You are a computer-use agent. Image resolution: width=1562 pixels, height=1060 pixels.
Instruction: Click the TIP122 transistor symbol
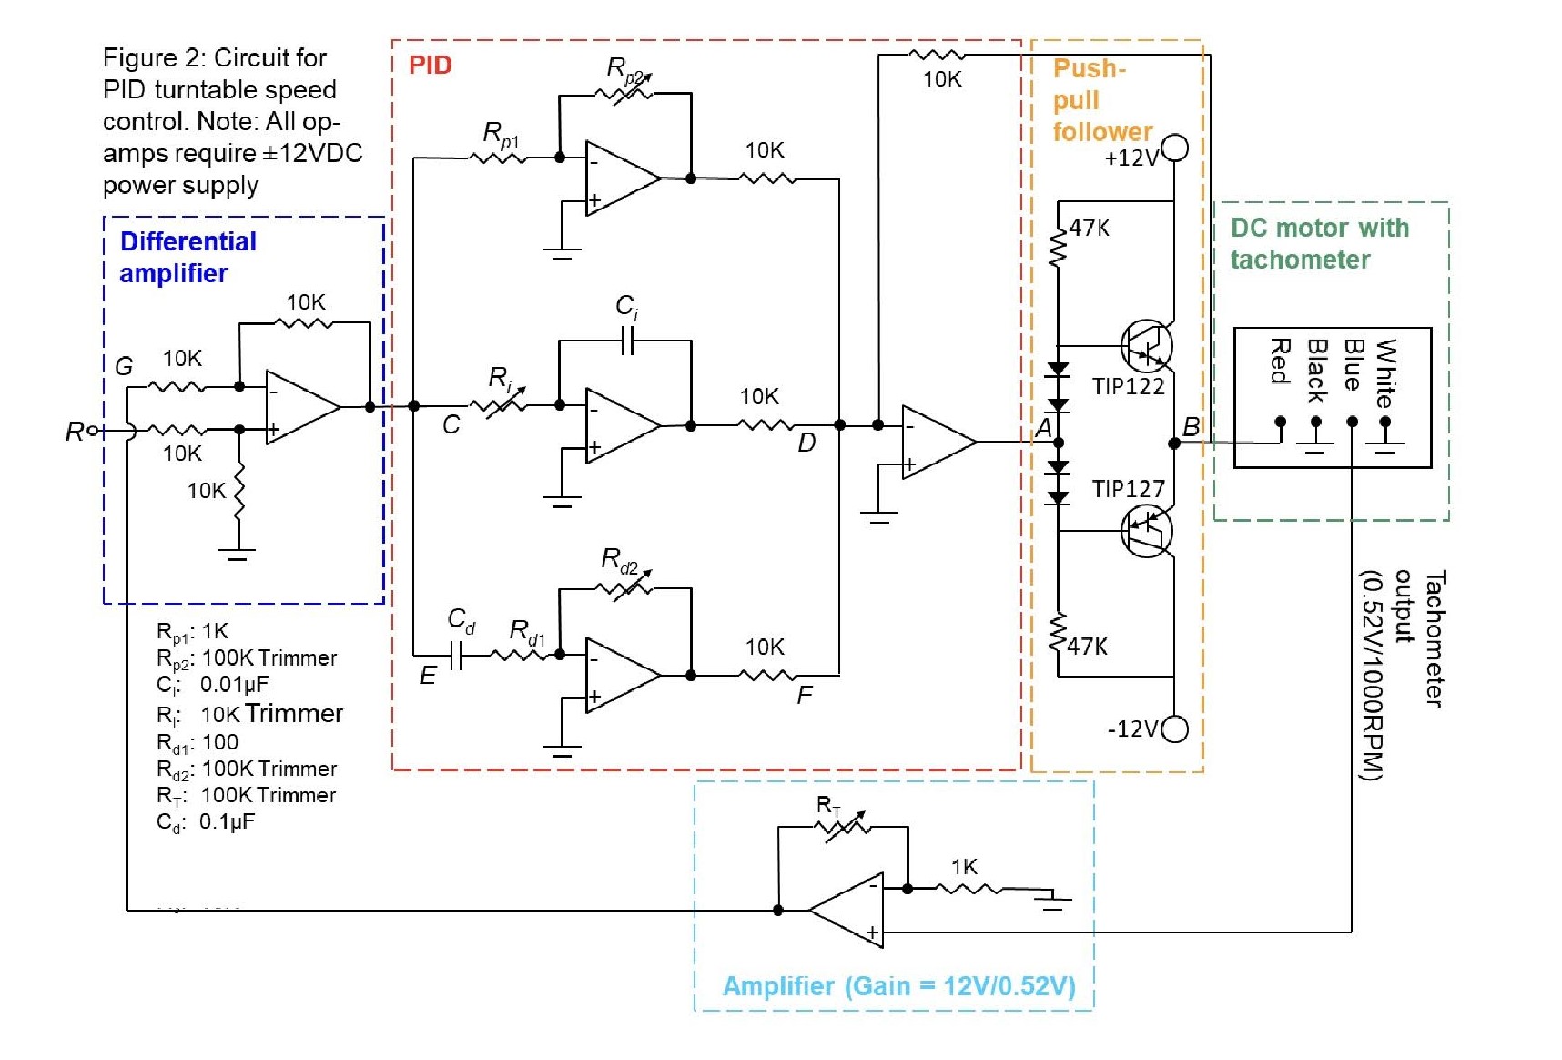click(x=1146, y=346)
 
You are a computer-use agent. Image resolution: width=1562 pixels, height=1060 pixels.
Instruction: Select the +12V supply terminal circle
click(x=1175, y=148)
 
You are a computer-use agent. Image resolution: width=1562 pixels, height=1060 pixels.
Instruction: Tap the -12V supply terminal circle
click(x=1175, y=729)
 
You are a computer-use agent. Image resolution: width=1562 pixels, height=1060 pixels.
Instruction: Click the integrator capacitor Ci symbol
click(x=627, y=341)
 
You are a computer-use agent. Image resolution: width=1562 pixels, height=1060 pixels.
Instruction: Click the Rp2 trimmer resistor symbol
click(x=624, y=92)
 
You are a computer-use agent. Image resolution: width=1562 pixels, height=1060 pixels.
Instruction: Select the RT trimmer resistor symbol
click(x=843, y=827)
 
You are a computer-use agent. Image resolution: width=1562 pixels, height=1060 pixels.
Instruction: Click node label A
click(x=1044, y=427)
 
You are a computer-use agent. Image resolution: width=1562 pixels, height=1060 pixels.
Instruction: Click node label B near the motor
click(x=1192, y=427)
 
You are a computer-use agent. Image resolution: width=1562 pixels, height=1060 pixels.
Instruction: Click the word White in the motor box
click(x=1385, y=372)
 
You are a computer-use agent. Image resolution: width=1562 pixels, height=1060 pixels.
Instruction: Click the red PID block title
click(x=430, y=65)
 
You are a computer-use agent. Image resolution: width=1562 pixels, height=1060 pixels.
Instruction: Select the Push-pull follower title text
click(x=1101, y=100)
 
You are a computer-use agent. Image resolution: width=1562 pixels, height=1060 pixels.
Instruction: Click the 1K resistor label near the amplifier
click(x=964, y=866)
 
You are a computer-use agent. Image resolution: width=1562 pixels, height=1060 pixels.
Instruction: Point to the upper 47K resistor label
click(x=1089, y=228)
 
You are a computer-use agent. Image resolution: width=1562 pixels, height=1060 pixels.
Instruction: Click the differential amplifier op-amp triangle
click(x=300, y=407)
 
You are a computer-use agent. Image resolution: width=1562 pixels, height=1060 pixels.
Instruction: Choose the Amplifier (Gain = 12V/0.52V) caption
click(x=898, y=986)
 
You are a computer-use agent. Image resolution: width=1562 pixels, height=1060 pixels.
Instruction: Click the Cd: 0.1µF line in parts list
click(x=206, y=821)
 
